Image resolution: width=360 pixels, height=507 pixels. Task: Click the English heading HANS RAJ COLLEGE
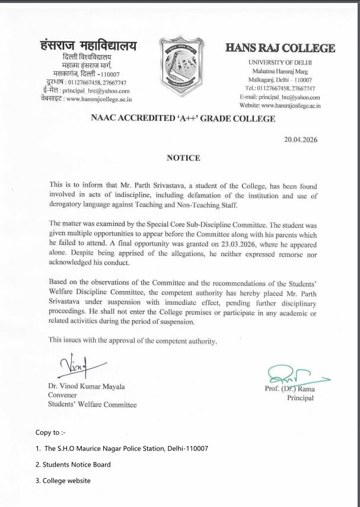(x=280, y=48)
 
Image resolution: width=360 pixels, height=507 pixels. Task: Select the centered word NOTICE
(x=182, y=158)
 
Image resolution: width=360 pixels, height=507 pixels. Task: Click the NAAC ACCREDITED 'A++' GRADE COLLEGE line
(x=183, y=119)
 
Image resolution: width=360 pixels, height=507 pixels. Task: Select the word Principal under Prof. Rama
(x=300, y=398)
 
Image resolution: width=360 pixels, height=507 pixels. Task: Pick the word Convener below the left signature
(x=63, y=396)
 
